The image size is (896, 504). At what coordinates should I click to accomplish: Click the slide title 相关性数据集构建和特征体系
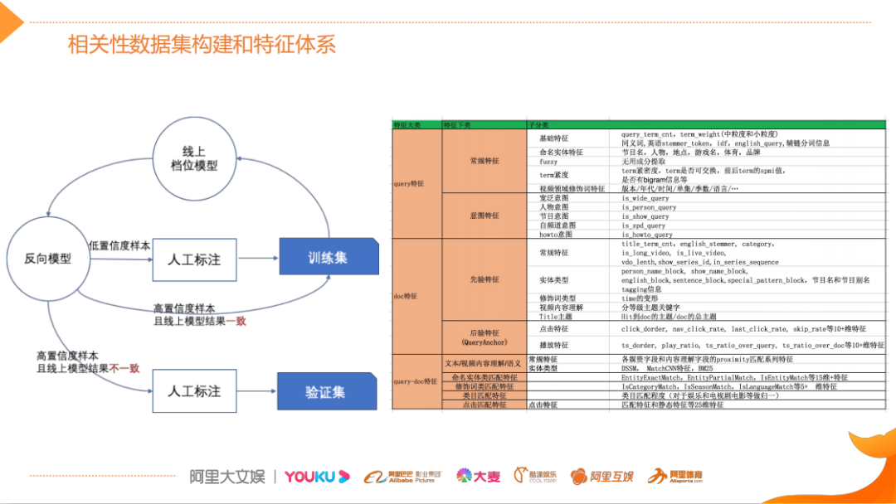coord(202,44)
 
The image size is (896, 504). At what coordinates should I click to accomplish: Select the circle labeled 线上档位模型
coord(200,158)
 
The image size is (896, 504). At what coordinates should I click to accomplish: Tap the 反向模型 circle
coord(47,258)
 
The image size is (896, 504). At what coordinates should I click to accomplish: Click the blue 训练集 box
coord(329,258)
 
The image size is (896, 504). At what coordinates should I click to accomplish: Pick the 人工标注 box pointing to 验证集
coord(195,390)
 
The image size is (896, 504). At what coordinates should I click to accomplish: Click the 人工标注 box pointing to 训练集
coord(195,259)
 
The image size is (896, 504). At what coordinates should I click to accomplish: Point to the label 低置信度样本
coord(120,245)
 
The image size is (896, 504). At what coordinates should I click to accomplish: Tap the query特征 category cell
coord(408,183)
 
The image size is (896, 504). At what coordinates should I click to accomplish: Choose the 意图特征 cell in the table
coord(485,215)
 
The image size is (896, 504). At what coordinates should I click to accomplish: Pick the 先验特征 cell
coord(485,279)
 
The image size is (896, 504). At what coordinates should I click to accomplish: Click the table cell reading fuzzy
coord(548,162)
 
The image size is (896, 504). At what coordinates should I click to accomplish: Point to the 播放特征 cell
coord(554,344)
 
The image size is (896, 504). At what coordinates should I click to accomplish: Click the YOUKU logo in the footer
coord(310,477)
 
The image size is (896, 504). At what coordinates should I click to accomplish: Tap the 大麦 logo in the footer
coord(479,477)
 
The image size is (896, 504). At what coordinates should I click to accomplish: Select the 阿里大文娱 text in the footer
coord(226,477)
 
